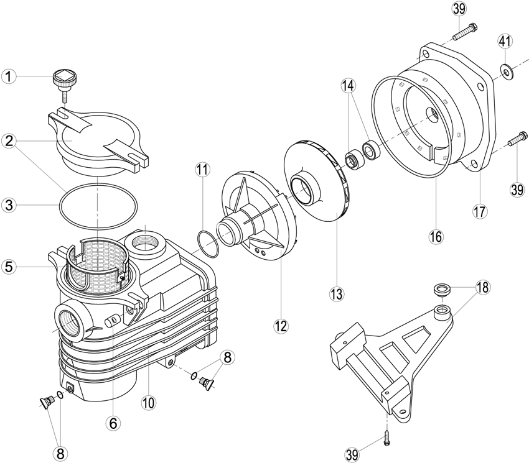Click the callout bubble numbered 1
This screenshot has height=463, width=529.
pos(9,77)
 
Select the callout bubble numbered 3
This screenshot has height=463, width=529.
pos(9,205)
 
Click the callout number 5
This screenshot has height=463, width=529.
pos(9,267)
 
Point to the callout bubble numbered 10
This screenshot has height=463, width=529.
pos(149,402)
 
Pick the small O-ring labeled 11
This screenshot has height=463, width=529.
pos(208,245)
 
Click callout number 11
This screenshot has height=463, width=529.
pos(202,170)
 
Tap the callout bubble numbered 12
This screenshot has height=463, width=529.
pos(281,326)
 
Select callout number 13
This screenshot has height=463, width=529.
pos(337,294)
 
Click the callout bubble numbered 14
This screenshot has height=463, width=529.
pos(348,86)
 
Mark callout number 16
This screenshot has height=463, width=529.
pos(436,237)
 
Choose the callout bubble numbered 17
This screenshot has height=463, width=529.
pos(480,212)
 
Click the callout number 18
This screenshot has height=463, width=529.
pos(482,288)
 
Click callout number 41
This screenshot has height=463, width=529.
pos(505,42)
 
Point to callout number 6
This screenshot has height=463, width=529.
pos(113,424)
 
